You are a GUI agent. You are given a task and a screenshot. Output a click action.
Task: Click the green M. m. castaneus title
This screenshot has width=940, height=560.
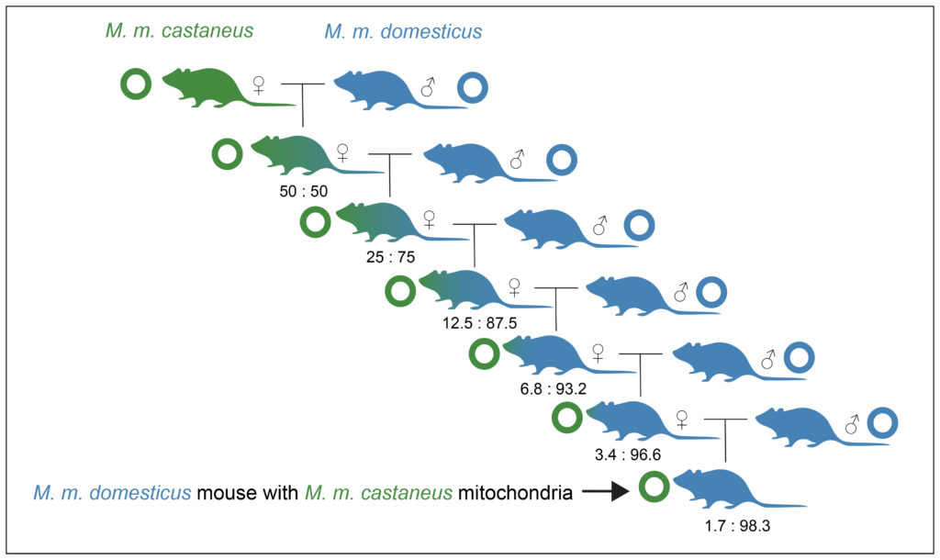click(x=179, y=30)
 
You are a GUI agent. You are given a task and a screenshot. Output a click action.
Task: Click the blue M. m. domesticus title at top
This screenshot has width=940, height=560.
click(x=403, y=31)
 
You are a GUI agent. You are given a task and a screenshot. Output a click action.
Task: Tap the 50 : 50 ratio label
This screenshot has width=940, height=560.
click(x=303, y=191)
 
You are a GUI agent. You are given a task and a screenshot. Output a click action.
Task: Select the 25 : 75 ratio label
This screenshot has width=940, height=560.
click(x=390, y=257)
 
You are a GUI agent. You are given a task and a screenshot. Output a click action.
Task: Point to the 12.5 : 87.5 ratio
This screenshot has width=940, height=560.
click(x=479, y=323)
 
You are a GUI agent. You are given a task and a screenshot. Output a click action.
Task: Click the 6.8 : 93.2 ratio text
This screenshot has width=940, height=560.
click(x=554, y=389)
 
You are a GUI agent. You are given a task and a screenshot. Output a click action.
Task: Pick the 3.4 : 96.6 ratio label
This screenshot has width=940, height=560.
click(x=628, y=454)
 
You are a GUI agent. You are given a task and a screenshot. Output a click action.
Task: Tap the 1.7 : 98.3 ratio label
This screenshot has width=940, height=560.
click(x=737, y=526)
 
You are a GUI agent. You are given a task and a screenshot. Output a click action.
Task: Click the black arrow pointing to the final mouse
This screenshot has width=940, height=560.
click(x=606, y=492)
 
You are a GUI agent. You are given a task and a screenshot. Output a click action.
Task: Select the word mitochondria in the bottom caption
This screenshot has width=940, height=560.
click(x=515, y=493)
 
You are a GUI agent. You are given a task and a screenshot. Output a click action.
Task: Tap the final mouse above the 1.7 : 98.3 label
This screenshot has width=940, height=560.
click(x=740, y=489)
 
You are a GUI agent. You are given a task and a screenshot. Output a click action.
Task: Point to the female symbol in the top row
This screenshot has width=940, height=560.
click(x=258, y=84)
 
